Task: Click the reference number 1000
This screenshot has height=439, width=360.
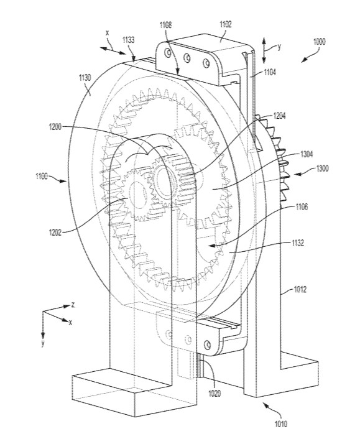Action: [x=319, y=42]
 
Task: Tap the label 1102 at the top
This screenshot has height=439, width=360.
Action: [x=226, y=24]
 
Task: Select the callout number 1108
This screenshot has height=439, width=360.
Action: [x=166, y=25]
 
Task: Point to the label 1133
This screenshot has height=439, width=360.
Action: [x=128, y=40]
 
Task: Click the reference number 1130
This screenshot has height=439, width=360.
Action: [x=85, y=77]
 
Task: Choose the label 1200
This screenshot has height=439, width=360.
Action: [x=55, y=127]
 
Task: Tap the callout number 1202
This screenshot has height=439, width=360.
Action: [x=55, y=232]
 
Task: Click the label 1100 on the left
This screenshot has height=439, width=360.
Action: [x=42, y=177]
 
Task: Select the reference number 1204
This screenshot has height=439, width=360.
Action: [x=279, y=116]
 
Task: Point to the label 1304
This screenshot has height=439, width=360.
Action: [x=307, y=154]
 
